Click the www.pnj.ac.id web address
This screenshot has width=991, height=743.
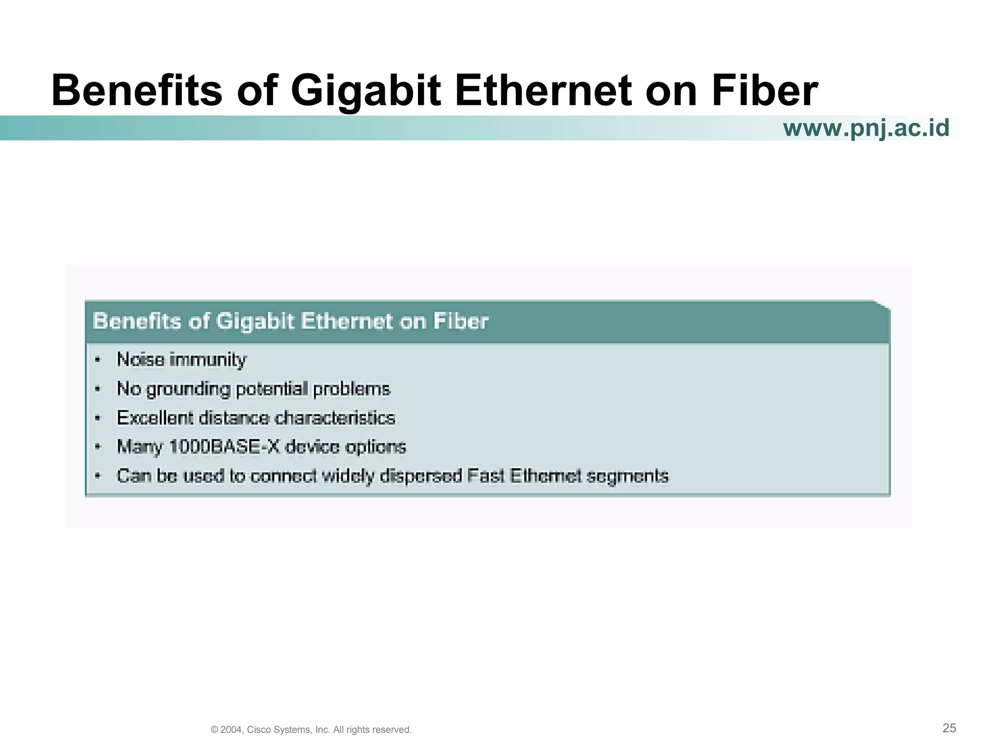[866, 128]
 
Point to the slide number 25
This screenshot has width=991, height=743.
[949, 728]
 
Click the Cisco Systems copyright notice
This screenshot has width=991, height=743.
[311, 729]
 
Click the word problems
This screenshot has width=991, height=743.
[352, 389]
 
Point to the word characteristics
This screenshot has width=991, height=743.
[335, 418]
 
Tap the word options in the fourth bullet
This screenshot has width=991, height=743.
[375, 447]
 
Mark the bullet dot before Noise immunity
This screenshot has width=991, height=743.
[98, 360]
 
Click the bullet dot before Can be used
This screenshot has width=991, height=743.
[98, 476]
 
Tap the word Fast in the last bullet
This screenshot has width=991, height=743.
[484, 476]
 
